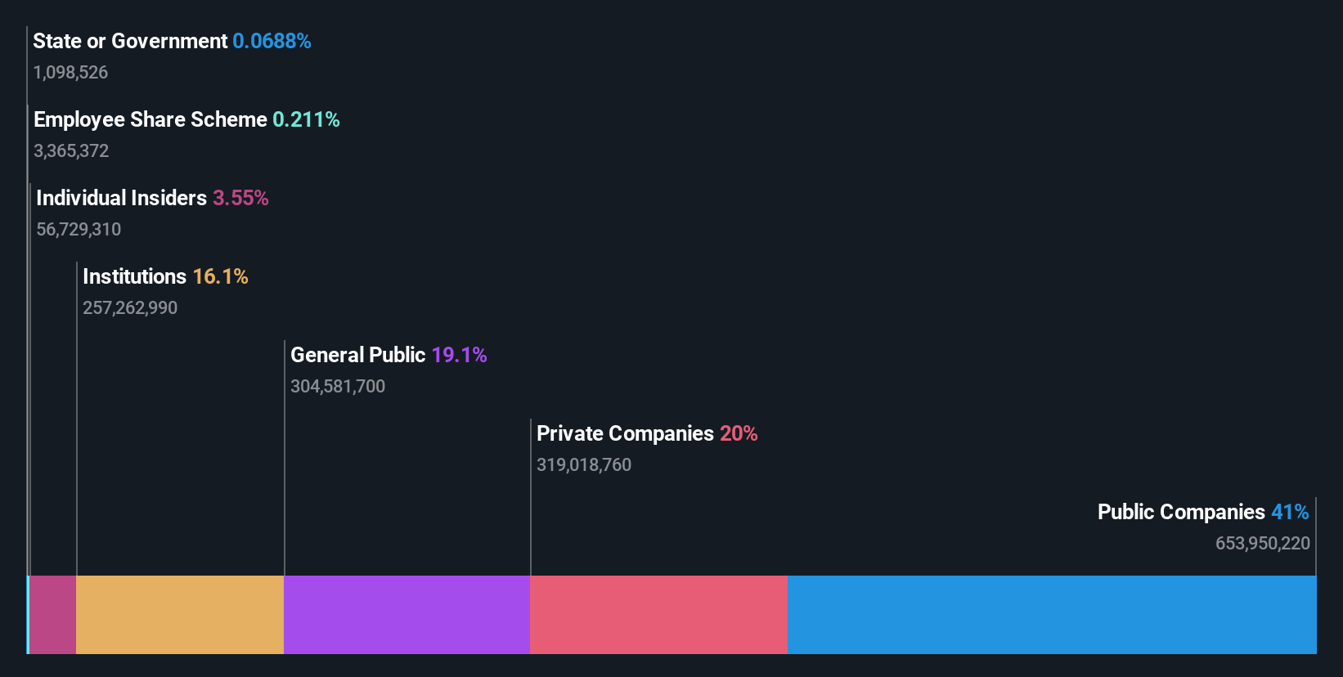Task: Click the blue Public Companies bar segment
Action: tap(1052, 615)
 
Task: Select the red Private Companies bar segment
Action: tap(658, 615)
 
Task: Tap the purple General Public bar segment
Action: tap(406, 615)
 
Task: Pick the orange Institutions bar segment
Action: tap(180, 615)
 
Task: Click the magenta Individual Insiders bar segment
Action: tap(53, 615)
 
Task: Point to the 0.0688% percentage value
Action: tap(272, 41)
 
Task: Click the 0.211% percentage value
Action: tap(306, 119)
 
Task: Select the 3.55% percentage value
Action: tap(240, 198)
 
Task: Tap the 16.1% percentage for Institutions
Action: tap(220, 276)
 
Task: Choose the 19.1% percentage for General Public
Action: tap(459, 355)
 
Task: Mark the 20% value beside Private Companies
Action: tap(739, 433)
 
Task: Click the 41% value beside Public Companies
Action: tap(1290, 512)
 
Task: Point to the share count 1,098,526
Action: tap(70, 72)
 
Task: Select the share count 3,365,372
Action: tap(71, 150)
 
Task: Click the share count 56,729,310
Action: tap(79, 229)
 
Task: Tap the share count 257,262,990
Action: tap(130, 307)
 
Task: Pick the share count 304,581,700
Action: tap(338, 386)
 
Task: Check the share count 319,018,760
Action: tap(584, 464)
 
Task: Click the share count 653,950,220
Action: tap(1262, 543)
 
